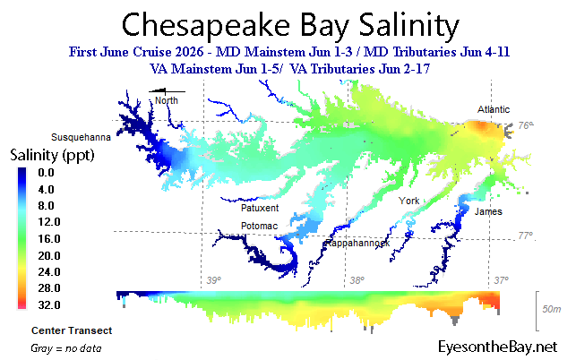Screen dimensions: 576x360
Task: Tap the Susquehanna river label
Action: [81, 137]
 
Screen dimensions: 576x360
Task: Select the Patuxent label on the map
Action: [260, 208]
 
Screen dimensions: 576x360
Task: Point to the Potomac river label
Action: [259, 226]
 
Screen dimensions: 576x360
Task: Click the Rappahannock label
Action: [357, 243]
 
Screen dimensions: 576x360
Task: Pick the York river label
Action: [408, 201]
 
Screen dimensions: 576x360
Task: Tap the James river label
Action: [488, 211]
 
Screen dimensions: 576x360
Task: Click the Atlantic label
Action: [494, 109]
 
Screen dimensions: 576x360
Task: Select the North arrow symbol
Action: [167, 91]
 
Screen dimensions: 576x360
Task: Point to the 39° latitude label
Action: [214, 280]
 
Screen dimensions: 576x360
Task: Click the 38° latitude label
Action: [357, 280]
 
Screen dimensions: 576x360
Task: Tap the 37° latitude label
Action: [502, 280]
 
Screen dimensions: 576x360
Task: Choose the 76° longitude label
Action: [526, 125]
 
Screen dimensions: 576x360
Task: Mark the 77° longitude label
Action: [526, 236]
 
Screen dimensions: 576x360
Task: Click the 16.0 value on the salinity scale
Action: [49, 239]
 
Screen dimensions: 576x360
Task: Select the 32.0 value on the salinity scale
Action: [49, 304]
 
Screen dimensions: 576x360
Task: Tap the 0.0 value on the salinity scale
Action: [46, 172]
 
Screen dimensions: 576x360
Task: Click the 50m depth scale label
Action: [552, 309]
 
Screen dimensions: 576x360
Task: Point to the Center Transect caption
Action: [72, 330]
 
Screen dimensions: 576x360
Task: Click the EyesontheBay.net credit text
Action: [498, 347]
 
